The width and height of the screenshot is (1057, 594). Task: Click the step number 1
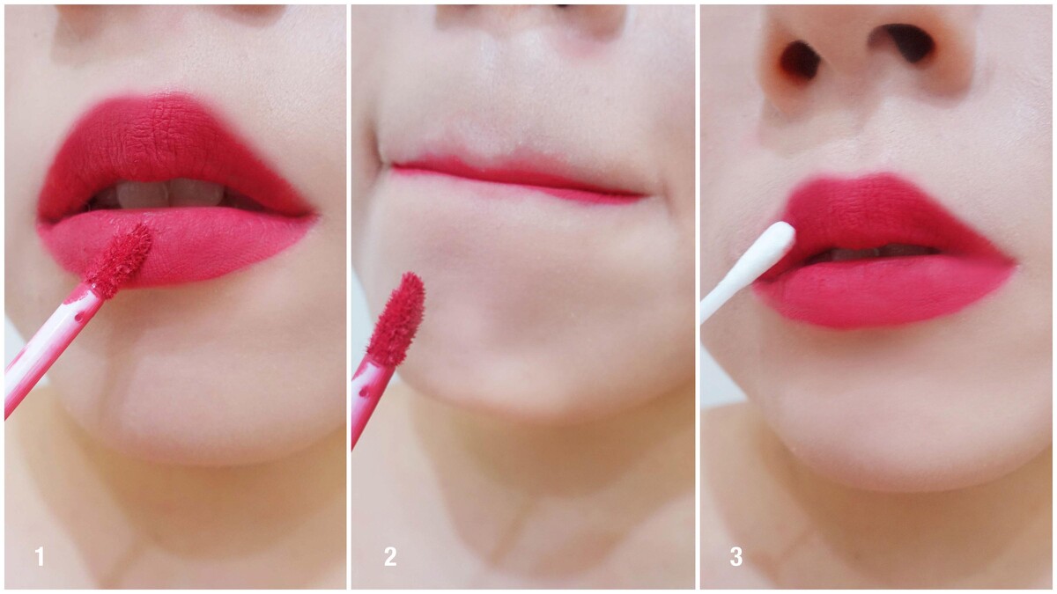point(40,557)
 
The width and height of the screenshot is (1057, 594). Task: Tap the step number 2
point(390,557)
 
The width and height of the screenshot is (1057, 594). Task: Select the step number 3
point(736,557)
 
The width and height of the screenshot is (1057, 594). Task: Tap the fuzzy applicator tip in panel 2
point(396,319)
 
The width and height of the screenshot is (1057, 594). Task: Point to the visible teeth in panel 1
point(170,194)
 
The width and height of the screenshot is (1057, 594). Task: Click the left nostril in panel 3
point(801,61)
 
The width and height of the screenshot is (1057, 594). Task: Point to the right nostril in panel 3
point(908,42)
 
